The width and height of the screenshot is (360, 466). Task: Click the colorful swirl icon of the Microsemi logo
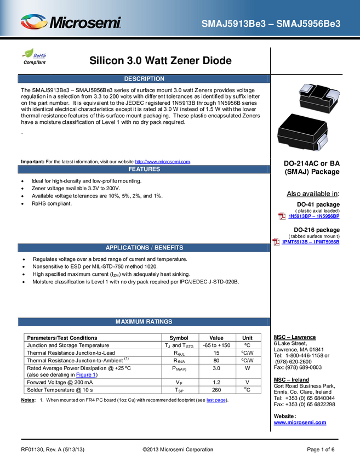coord(34,22)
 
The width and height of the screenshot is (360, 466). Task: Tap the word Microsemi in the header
coord(85,23)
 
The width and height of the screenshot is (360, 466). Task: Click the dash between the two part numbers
coord(272,24)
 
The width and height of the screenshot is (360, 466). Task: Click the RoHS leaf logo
coord(35,54)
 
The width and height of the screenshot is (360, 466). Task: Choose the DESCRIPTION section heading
coord(144,79)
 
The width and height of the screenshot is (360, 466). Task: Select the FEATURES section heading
coord(144,169)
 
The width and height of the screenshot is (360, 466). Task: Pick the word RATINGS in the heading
coord(159,322)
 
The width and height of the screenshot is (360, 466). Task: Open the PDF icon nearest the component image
coord(282,216)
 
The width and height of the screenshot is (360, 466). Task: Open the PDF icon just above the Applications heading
coord(277,241)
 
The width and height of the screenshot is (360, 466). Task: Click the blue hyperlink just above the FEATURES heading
coord(162,161)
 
